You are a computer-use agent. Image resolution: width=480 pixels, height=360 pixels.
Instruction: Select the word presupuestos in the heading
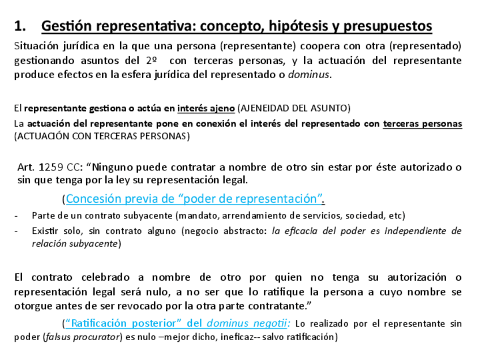(x=388, y=26)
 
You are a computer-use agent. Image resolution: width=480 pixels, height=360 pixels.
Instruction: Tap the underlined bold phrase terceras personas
(x=422, y=123)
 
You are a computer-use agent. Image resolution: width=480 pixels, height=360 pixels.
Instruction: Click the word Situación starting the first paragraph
(x=35, y=45)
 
